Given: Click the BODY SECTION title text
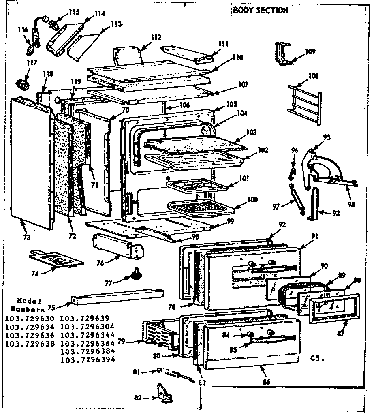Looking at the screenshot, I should pyautogui.click(x=261, y=10).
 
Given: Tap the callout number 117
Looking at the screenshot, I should pyautogui.click(x=32, y=63).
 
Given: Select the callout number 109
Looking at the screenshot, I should pyautogui.click(x=310, y=52).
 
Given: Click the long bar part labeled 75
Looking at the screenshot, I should pyautogui.click(x=117, y=294).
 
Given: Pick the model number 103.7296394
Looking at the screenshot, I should pyautogui.click(x=87, y=359).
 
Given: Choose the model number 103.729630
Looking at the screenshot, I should pyautogui.click(x=30, y=318).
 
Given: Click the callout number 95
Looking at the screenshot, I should pyautogui.click(x=327, y=137).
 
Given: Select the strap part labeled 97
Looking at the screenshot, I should pyautogui.click(x=296, y=197).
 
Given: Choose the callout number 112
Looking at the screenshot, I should pyautogui.click(x=156, y=38).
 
